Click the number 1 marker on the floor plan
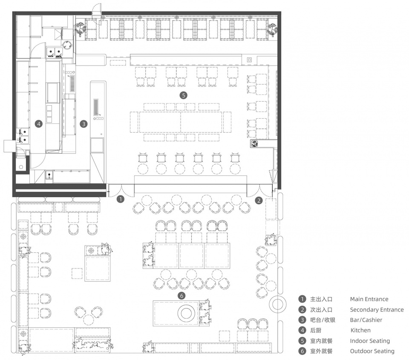[x=121, y=200]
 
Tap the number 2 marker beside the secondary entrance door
[x=259, y=200]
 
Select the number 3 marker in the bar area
[x=84, y=124]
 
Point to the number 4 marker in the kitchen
[x=39, y=124]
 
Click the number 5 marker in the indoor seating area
[x=184, y=95]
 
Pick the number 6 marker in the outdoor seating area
[x=181, y=296]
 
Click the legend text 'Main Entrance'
[x=369, y=299]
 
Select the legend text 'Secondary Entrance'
[x=377, y=310]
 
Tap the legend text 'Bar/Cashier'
[x=366, y=320]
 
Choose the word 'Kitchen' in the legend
[x=360, y=330]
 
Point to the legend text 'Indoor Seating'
[x=370, y=341]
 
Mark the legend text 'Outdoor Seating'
[x=372, y=351]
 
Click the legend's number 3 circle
[x=302, y=320]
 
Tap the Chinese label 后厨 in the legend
[x=316, y=330]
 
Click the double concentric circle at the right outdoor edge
[x=277, y=304]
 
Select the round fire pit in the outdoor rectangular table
[x=186, y=312]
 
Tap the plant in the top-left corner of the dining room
[x=81, y=29]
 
